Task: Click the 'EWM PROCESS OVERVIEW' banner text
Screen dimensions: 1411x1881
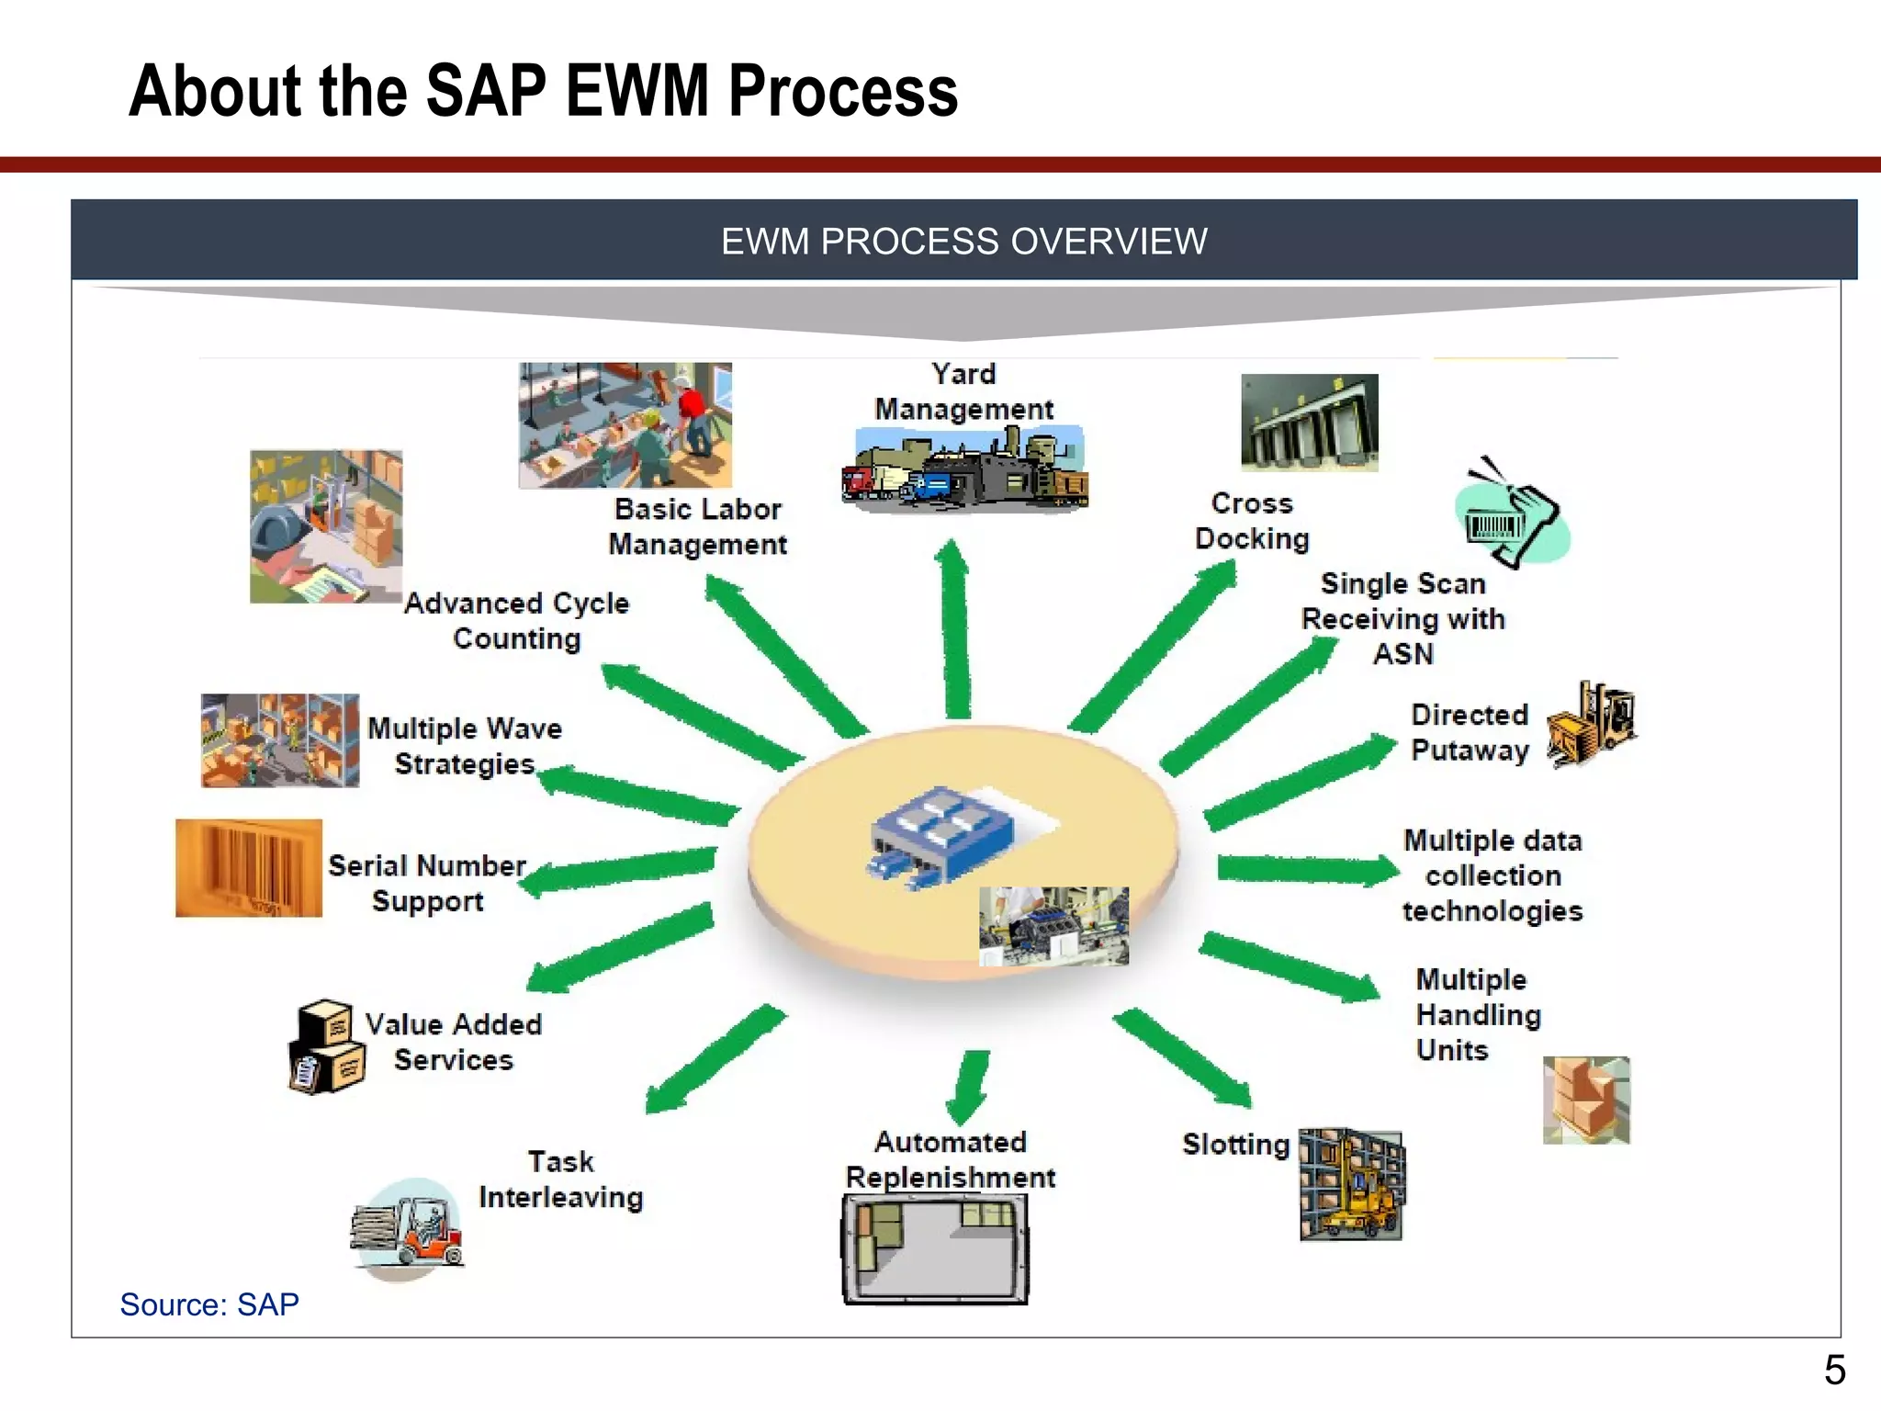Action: (x=963, y=242)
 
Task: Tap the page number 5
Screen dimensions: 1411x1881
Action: (x=1834, y=1371)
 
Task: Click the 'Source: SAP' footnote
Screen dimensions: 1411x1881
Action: (x=209, y=1304)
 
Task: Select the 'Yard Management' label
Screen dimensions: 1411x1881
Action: (x=963, y=391)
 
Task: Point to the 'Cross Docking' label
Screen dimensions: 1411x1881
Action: (x=1252, y=521)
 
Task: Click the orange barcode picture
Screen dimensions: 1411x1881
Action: (x=249, y=868)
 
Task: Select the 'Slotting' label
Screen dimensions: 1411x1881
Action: (x=1235, y=1145)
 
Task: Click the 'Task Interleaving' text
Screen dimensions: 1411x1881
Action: (x=560, y=1180)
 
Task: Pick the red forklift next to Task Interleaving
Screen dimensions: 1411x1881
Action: (x=409, y=1228)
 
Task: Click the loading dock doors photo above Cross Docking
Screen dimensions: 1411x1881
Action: (x=1309, y=423)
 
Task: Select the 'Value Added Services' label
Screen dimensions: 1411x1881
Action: (x=453, y=1042)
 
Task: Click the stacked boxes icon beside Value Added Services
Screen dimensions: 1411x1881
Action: (x=328, y=1047)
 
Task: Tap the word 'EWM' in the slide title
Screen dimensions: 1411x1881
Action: (x=636, y=92)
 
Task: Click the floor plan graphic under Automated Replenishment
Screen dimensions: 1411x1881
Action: (x=935, y=1249)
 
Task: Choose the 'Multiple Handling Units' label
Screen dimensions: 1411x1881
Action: (x=1477, y=1014)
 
